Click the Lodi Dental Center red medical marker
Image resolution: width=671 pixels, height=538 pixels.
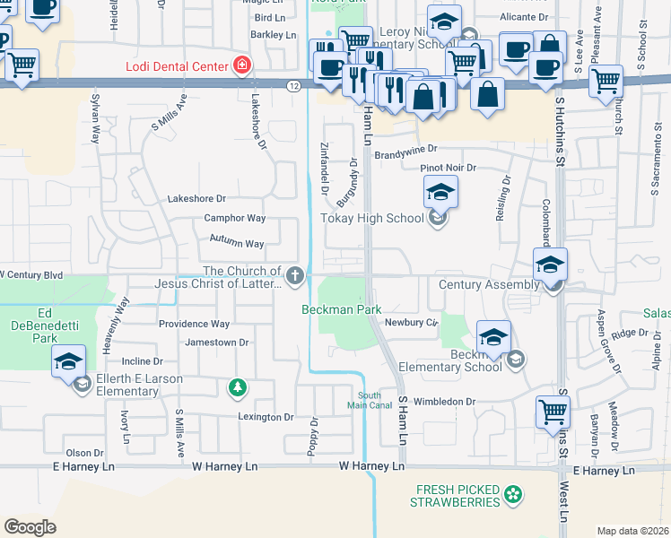point(240,65)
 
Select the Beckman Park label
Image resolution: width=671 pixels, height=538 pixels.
point(341,309)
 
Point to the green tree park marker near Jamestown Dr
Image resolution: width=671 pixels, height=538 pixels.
point(237,387)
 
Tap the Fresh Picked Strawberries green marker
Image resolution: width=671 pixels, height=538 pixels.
point(512,493)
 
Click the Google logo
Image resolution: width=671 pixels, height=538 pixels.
point(30,526)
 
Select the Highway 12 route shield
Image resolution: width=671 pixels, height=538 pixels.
point(294,85)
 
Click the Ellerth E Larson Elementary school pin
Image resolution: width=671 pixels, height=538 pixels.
point(69,363)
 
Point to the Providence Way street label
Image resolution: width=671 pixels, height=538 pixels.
point(194,324)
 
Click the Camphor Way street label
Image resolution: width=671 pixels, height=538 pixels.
point(235,218)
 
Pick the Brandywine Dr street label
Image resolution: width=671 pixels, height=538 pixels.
point(405,150)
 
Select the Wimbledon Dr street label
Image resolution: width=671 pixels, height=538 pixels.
point(443,403)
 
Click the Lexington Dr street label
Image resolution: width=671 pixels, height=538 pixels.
point(266,417)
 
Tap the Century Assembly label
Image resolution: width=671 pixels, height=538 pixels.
point(489,285)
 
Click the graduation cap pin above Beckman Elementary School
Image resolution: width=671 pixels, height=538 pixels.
point(493,338)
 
